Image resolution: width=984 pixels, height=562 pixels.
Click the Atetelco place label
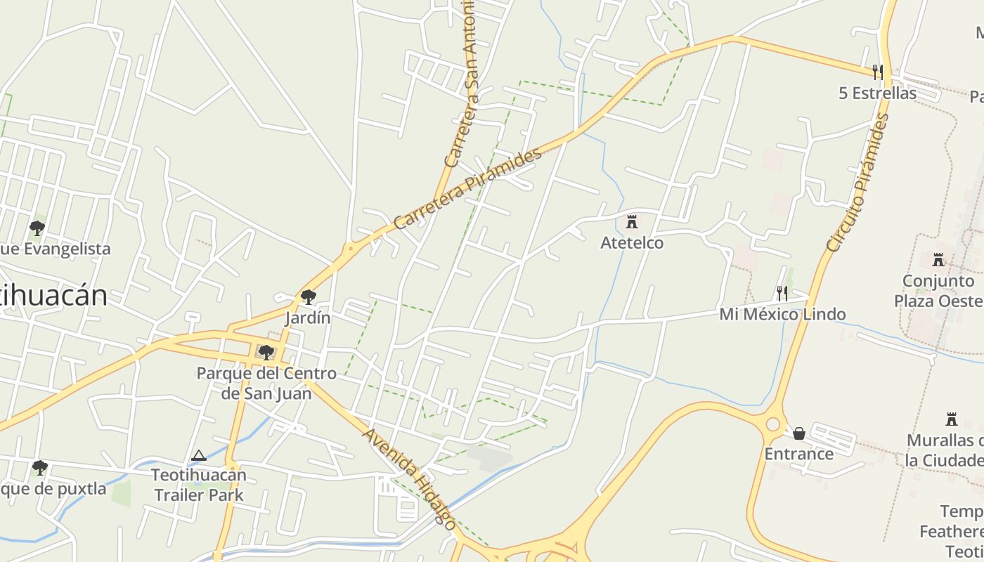[632, 242]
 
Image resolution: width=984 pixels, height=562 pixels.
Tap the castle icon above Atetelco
[632, 222]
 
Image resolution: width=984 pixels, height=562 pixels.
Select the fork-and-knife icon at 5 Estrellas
[877, 72]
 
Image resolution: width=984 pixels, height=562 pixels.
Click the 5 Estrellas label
[877, 93]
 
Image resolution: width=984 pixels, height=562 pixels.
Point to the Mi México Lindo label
[782, 314]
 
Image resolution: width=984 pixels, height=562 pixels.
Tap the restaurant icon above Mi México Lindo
[782, 294]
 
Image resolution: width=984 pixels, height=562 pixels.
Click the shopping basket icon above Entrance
[799, 433]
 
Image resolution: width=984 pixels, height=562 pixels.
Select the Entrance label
[799, 454]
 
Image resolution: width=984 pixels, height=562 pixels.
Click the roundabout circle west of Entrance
[773, 424]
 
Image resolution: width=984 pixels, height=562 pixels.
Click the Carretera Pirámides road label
[468, 188]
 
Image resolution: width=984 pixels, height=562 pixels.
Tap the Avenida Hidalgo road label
[408, 478]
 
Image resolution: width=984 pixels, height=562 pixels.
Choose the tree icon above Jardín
[308, 297]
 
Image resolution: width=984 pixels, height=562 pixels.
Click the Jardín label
[308, 318]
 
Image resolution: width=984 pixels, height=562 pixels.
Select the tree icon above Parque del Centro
[266, 352]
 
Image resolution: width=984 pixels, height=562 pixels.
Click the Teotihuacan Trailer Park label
[199, 485]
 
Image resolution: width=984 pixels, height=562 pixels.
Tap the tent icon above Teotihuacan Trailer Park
[199, 456]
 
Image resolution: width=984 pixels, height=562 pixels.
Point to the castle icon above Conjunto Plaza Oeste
[938, 261]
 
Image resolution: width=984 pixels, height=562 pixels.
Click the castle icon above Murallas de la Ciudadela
[952, 419]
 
